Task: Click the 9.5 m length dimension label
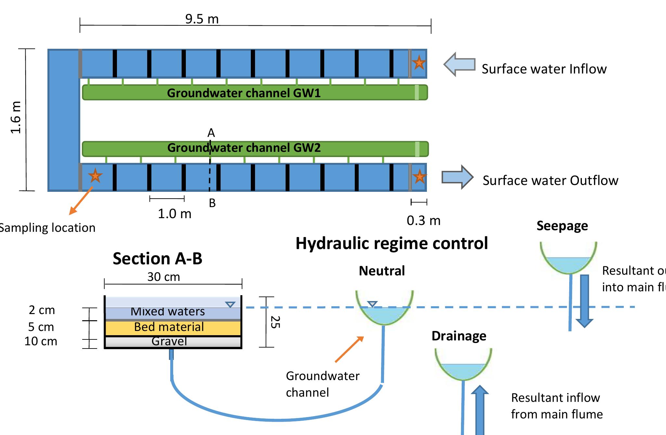[x=202, y=19]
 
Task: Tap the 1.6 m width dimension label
[x=16, y=117]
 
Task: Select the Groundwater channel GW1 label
[x=244, y=93]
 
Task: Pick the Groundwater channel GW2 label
[x=244, y=148]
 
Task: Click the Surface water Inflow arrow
[x=459, y=64]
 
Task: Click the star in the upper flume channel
[x=419, y=62]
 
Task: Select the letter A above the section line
[x=211, y=133]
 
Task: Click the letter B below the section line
[x=212, y=203]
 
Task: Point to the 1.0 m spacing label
[x=174, y=214]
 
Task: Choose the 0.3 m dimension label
[x=423, y=221]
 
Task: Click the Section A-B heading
[x=158, y=259]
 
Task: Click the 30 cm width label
[x=163, y=277]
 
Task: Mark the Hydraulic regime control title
[x=391, y=244]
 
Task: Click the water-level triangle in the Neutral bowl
[x=372, y=304]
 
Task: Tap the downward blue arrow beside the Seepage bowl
[x=584, y=301]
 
